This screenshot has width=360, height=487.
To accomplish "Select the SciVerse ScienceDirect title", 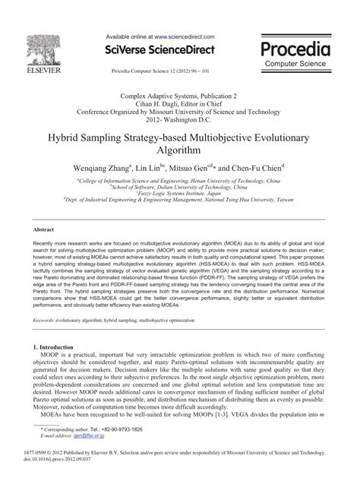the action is (x=171, y=49).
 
